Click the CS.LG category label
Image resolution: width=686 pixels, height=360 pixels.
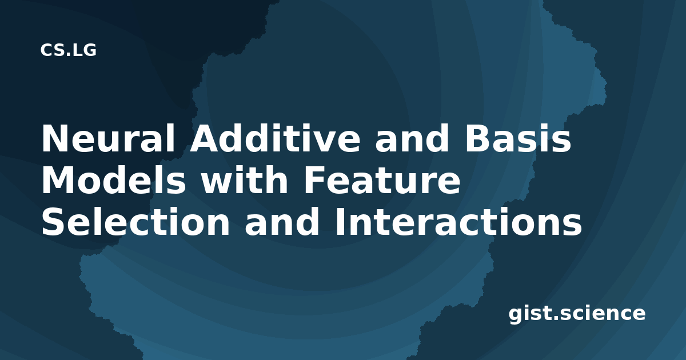click(x=68, y=50)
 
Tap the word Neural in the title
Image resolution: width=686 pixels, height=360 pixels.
click(x=108, y=138)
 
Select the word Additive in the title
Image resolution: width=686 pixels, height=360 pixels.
click(x=275, y=138)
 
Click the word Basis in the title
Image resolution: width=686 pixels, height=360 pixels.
click(x=518, y=138)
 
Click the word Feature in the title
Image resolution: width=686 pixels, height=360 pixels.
click(x=382, y=181)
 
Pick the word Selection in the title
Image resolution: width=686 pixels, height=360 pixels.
click(x=135, y=222)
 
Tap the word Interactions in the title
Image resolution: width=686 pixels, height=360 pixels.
click(x=458, y=222)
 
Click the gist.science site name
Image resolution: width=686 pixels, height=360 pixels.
click(x=577, y=314)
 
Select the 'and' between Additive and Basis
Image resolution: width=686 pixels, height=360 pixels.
click(x=412, y=138)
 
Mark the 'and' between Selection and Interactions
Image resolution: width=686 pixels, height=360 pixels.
click(x=282, y=222)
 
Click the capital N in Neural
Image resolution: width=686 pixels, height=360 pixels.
click(x=54, y=138)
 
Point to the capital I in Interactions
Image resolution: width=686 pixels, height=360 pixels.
click(x=340, y=222)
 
